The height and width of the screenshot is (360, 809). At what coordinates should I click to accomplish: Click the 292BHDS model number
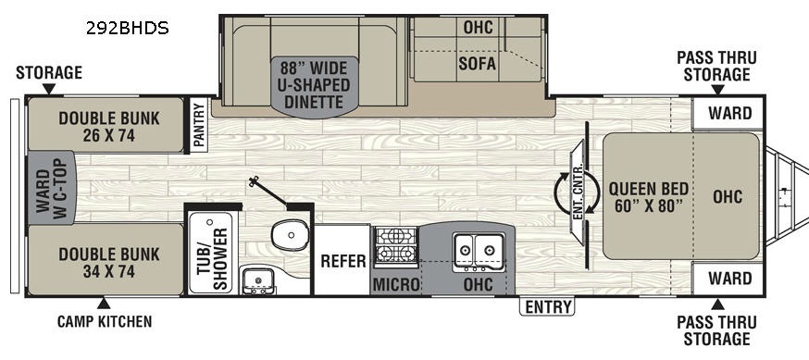coord(128,28)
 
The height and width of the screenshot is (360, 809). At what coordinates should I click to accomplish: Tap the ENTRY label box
coord(547,306)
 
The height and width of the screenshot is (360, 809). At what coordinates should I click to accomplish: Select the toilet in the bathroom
coord(290,236)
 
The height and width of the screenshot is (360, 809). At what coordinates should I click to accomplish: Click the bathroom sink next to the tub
coord(256,280)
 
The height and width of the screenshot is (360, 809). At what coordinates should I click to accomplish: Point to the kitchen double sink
coord(479,251)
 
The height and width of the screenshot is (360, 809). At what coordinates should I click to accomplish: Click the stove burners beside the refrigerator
coord(396,245)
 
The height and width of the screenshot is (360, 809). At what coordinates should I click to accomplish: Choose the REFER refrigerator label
coord(343,261)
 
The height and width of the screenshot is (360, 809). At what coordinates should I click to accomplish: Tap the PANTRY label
coord(199,125)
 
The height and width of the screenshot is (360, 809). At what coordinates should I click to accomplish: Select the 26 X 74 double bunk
coord(106,124)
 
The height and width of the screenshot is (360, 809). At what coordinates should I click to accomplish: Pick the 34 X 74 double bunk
coord(106,259)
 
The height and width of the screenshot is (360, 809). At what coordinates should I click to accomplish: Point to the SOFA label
coord(478,64)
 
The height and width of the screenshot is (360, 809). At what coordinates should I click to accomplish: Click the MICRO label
coord(396,284)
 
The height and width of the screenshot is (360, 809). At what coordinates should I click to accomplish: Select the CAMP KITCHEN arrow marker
coord(104,304)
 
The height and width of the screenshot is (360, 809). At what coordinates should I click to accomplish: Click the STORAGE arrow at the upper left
coord(49,89)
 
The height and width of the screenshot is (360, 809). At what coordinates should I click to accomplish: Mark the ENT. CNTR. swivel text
coord(578,192)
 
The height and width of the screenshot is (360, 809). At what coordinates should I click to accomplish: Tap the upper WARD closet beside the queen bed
coord(728,113)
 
